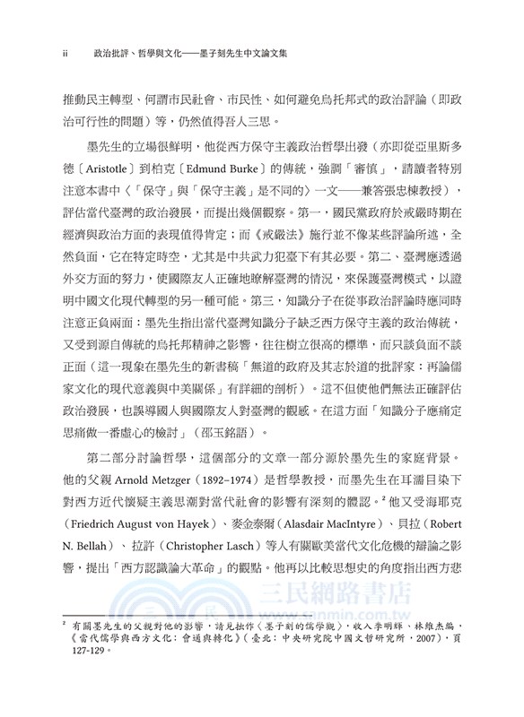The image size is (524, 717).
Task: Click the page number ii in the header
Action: click(x=66, y=54)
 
